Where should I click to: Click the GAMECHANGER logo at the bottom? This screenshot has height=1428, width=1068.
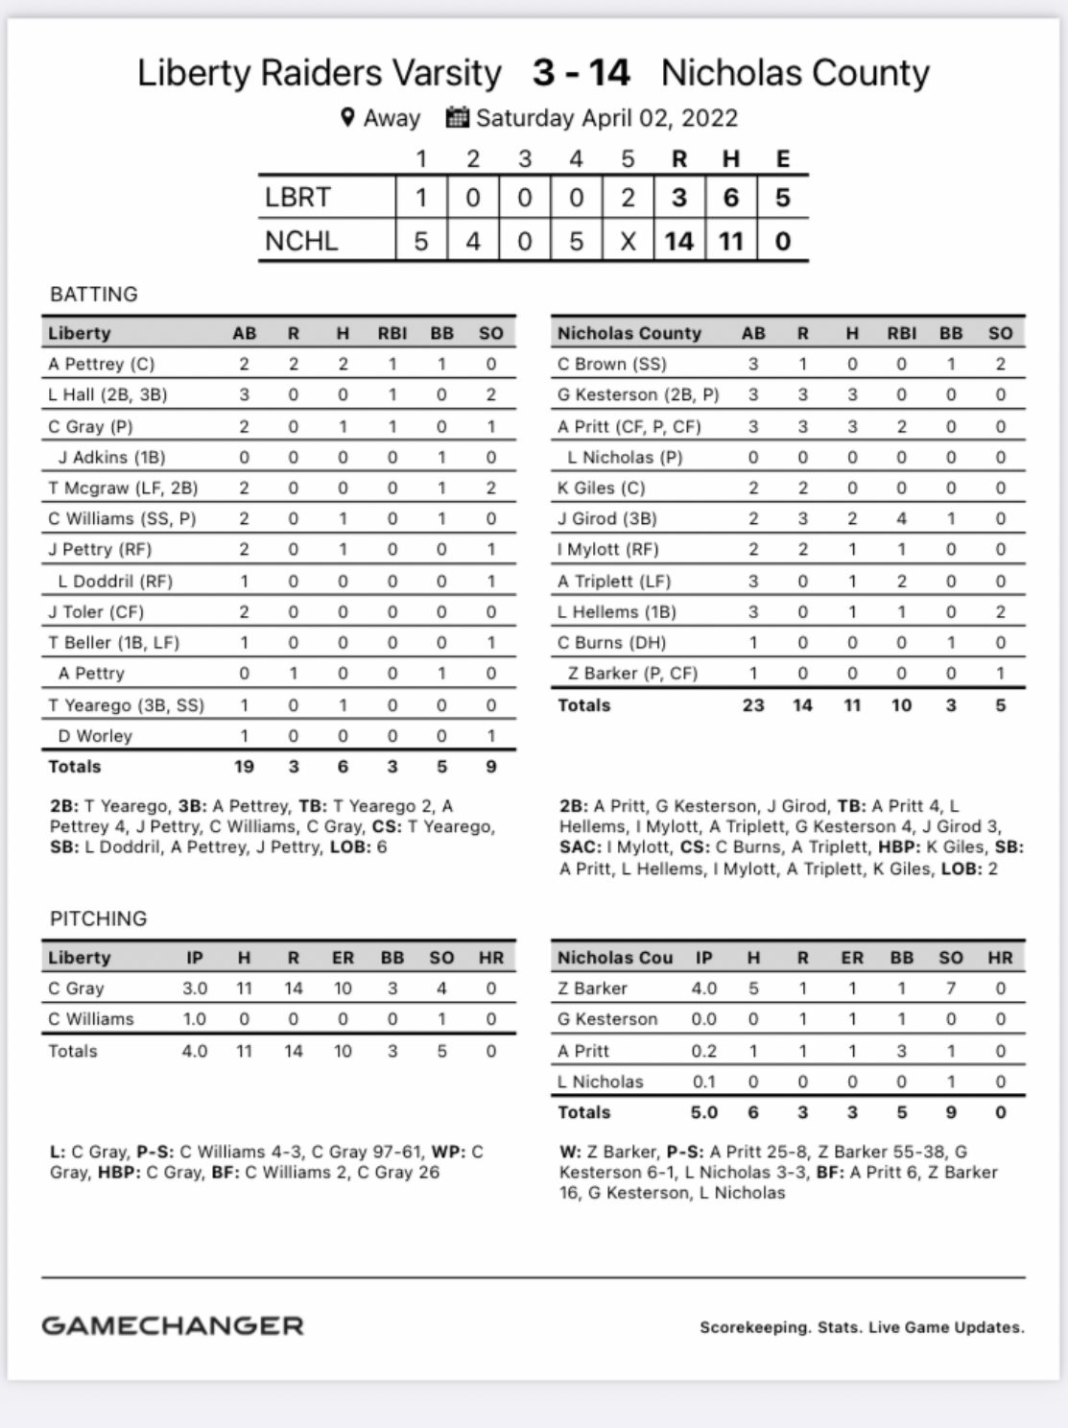(173, 1326)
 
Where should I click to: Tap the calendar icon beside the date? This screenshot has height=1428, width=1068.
(458, 117)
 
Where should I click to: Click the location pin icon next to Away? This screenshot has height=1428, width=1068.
(348, 118)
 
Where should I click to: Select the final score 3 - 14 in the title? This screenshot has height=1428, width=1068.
(581, 73)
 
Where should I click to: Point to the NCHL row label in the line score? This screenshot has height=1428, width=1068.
(301, 240)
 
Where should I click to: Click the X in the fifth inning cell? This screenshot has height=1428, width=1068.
(628, 240)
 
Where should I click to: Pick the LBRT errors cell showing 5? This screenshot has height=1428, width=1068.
(782, 198)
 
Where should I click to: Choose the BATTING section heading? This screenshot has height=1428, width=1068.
(94, 294)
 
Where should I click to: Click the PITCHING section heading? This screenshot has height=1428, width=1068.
(99, 918)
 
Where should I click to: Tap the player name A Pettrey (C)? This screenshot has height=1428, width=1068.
(102, 364)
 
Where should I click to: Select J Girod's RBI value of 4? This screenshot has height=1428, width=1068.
(901, 518)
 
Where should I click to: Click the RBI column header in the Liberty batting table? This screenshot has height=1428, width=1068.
(392, 333)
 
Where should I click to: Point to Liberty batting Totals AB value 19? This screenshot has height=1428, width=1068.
(244, 766)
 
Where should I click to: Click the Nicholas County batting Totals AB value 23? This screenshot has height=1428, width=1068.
(753, 704)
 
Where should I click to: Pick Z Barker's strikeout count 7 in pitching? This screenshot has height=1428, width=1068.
(950, 988)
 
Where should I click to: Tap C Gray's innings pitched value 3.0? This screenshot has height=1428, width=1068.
(195, 988)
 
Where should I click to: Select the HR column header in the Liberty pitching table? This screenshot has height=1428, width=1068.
(490, 958)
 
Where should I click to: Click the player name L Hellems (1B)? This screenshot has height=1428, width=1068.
(617, 611)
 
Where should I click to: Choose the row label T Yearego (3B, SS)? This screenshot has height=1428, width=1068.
(127, 704)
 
